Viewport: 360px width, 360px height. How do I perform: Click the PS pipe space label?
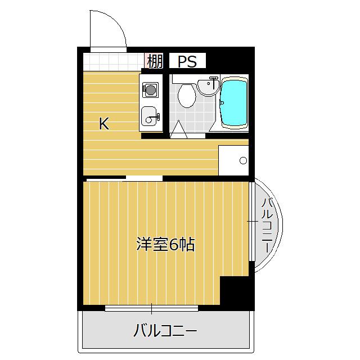[187, 61]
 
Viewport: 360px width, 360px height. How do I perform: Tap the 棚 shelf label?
[155, 61]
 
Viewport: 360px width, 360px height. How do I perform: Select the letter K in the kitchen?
[104, 124]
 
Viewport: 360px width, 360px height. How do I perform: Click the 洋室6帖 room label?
[165, 244]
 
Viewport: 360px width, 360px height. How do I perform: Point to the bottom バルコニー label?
[165, 330]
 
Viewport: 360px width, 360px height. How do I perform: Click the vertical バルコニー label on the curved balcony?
[267, 225]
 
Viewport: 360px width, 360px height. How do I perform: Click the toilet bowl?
[187, 96]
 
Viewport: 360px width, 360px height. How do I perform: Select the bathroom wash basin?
[208, 87]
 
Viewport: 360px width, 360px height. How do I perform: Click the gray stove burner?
[150, 89]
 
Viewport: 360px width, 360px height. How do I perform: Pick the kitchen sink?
[148, 116]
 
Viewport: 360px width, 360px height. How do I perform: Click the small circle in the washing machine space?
[243, 160]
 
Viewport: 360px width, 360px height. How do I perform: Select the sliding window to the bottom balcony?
[151, 308]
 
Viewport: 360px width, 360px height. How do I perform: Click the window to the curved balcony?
[252, 221]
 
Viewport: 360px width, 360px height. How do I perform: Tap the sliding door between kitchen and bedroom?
[124, 178]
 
